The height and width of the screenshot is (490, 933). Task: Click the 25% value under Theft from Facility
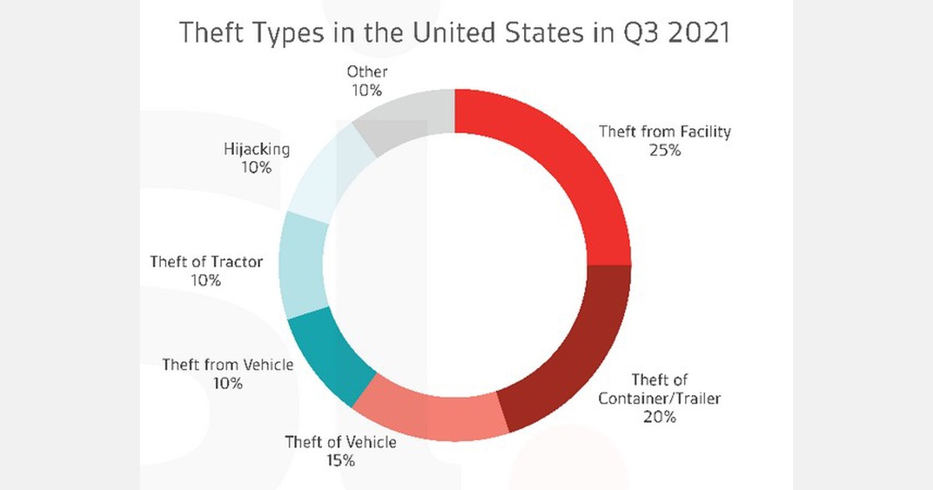665,151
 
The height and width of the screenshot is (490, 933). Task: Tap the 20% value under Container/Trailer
659,417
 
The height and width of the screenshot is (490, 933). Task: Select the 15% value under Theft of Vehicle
340,460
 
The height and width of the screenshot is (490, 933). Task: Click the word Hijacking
257,149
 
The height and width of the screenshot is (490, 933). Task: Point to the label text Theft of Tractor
206,262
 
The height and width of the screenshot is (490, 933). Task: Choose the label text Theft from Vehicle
228,365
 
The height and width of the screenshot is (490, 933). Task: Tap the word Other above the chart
367,72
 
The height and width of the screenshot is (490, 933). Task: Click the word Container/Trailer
659,399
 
